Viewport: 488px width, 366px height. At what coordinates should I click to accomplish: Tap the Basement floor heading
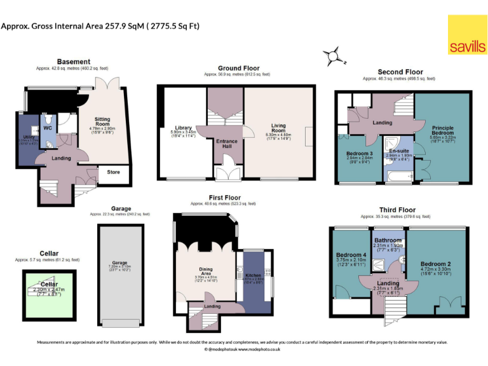pos(73,62)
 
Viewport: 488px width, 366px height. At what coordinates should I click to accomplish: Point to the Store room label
pos(113,172)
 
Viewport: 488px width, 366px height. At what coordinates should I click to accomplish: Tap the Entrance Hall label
pos(224,143)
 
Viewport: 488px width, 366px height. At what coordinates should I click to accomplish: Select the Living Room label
pos(279,128)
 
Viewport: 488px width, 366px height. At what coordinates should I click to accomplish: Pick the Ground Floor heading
pos(238,68)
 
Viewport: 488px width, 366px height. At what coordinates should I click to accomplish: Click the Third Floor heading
pos(397,210)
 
